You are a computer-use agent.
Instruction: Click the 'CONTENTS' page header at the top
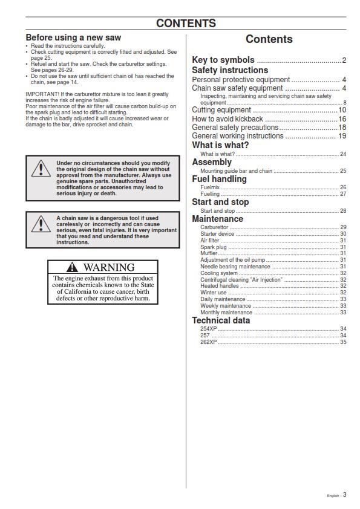tap(186, 24)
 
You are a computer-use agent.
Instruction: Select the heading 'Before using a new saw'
tap(73, 37)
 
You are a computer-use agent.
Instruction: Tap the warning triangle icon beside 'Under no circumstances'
tap(41, 169)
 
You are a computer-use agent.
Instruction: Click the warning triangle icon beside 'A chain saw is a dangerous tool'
tap(41, 224)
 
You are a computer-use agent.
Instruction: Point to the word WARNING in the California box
tap(109, 267)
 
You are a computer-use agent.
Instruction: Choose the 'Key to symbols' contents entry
tap(223, 60)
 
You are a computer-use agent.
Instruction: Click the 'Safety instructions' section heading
tap(230, 70)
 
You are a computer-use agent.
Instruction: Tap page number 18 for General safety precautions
tap(342, 128)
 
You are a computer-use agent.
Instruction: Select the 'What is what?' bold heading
tap(220, 145)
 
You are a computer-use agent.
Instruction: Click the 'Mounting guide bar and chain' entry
tap(236, 171)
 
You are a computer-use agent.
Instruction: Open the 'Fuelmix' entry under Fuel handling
tap(210, 187)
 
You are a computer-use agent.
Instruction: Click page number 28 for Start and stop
tap(343, 211)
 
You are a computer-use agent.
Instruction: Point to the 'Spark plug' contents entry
tap(213, 247)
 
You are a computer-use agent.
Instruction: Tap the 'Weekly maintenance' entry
tap(226, 306)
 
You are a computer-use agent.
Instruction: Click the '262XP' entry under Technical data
tap(209, 342)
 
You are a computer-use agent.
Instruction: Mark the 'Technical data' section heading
tap(221, 320)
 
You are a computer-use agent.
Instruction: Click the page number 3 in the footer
tap(345, 494)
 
